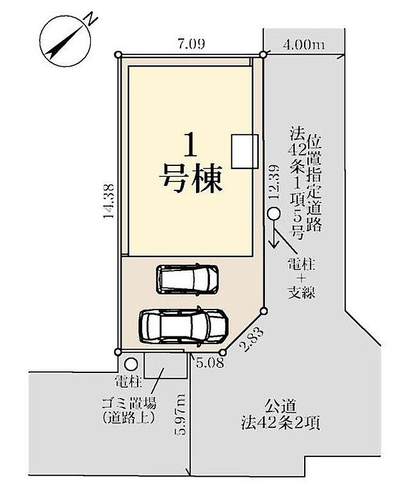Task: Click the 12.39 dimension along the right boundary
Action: click(x=273, y=183)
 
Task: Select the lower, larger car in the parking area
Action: click(x=183, y=326)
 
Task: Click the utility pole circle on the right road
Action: click(x=273, y=215)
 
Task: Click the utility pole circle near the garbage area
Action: click(x=130, y=365)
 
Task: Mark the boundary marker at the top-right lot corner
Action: click(x=263, y=55)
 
